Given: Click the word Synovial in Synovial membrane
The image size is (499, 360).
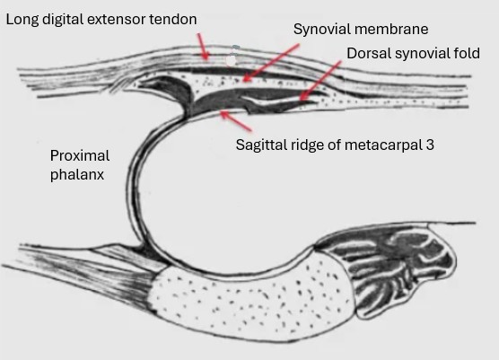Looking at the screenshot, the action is point(319,30).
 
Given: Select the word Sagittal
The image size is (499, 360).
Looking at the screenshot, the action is point(260,145).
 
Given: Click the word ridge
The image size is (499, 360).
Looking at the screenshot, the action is point(303,145).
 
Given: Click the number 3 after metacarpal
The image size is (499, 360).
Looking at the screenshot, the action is point(430,145).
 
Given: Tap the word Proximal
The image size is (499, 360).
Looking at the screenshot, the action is point(80,156).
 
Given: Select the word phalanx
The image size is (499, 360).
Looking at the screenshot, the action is point(77,174).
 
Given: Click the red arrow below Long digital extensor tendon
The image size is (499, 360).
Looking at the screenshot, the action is point(203,46).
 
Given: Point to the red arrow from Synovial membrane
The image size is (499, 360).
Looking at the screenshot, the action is point(270,63).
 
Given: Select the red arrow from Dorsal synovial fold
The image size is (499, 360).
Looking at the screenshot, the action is point(320,81).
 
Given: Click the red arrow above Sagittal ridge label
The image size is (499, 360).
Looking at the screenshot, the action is point(236,120).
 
